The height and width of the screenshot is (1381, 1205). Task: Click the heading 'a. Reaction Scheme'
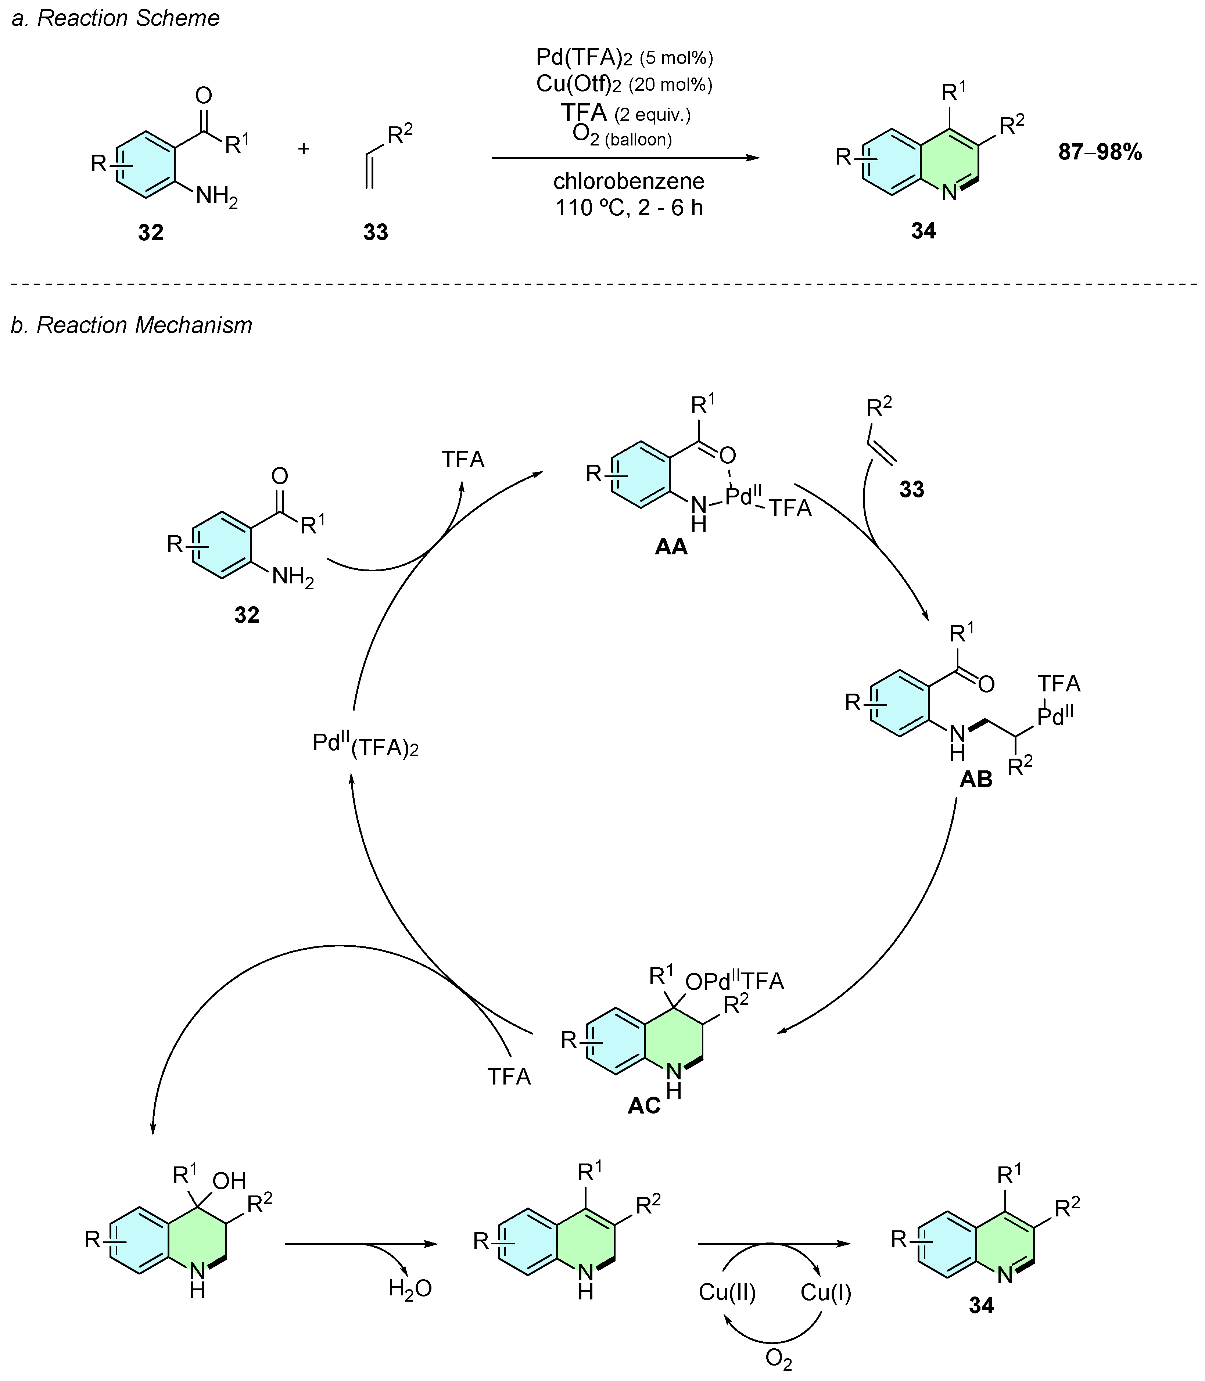(116, 18)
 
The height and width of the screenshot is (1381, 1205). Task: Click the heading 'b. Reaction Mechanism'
(132, 325)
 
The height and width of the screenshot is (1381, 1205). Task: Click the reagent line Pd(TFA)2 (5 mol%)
(624, 57)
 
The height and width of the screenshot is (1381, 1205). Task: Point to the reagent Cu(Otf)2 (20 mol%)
(624, 84)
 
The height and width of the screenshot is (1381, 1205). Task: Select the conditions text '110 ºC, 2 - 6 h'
(629, 208)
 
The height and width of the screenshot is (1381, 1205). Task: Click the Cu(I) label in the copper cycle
(826, 1292)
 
